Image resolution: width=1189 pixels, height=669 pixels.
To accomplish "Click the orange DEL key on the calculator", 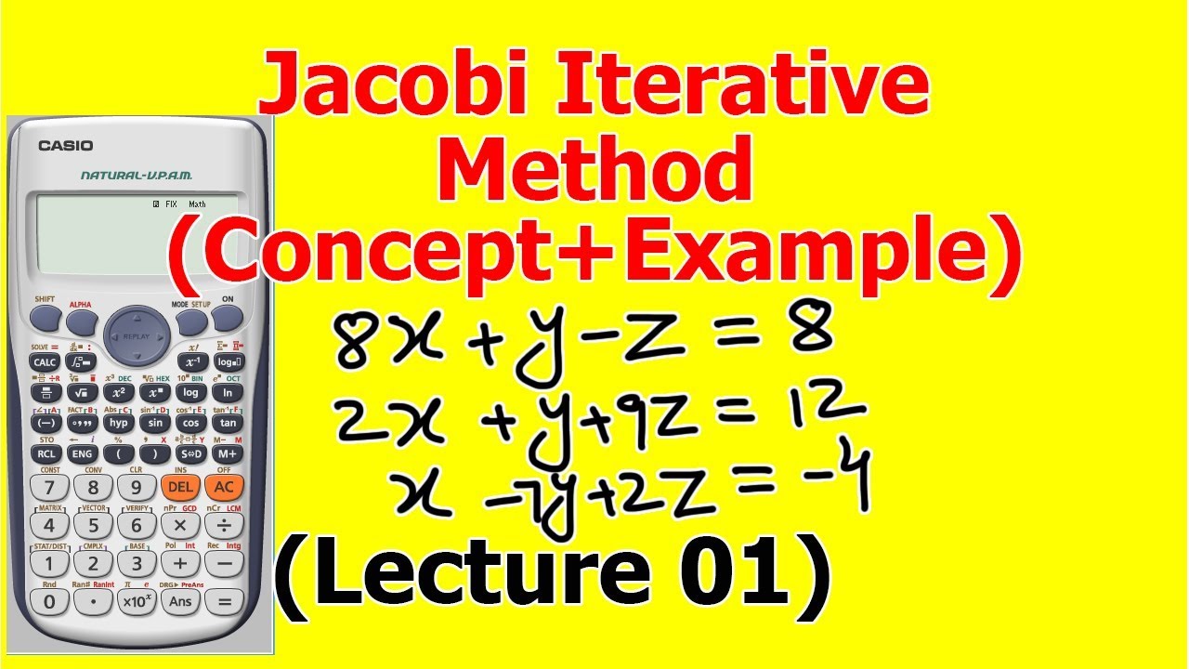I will [180, 487].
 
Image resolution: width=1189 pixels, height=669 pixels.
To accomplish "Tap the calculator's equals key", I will [223, 601].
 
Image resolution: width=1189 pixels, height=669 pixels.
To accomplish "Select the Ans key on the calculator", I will [180, 601].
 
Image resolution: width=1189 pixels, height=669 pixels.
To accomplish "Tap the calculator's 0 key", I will [49, 601].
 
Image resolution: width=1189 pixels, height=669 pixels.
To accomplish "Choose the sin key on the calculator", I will [155, 422].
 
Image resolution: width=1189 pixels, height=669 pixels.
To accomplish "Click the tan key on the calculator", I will [227, 422].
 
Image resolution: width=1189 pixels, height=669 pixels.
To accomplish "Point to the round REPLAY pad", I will [137, 336].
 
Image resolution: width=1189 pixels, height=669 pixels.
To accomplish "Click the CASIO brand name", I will [65, 146].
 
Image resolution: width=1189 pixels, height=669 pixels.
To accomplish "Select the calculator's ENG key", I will [82, 454].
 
